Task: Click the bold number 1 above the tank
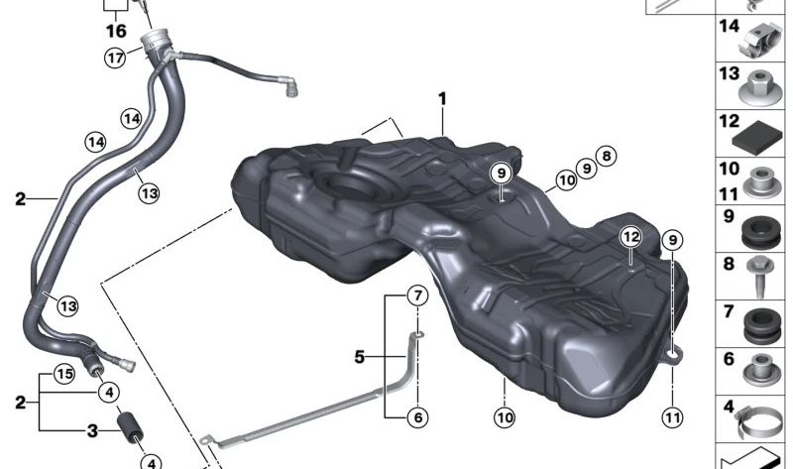point(442,99)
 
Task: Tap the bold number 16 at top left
point(116,31)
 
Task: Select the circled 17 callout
point(116,58)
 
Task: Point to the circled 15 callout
point(63,374)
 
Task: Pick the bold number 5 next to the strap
point(362,353)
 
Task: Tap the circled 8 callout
point(607,155)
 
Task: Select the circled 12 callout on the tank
point(631,236)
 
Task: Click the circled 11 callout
point(673,417)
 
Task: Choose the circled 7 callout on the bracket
point(417,295)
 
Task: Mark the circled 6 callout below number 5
point(417,417)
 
